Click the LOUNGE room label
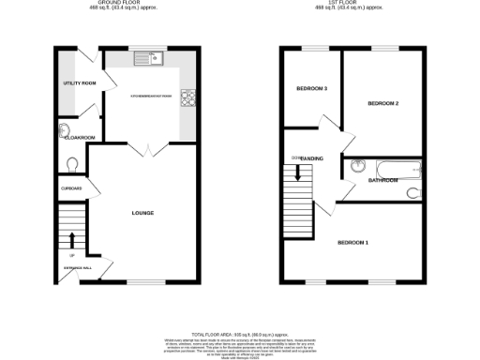point(143,214)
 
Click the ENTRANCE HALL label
point(78,269)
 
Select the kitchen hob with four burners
point(187,96)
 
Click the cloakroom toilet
point(72,163)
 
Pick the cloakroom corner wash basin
point(64,129)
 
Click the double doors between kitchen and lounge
point(143,149)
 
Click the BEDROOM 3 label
point(312,89)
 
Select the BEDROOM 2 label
point(383,102)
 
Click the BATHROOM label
point(383,179)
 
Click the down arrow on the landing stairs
point(299,172)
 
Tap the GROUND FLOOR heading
point(120,4)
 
